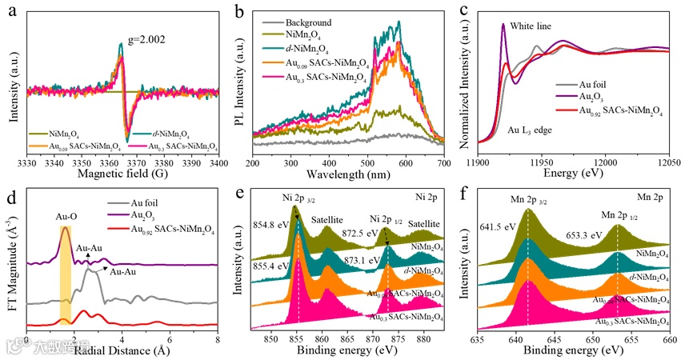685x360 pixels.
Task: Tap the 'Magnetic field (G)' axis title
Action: coord(128,174)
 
